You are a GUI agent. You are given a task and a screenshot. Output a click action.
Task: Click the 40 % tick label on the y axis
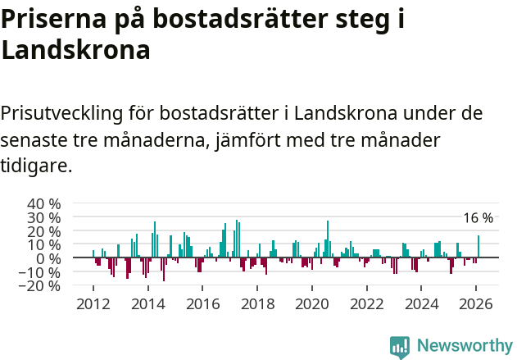click(43, 203)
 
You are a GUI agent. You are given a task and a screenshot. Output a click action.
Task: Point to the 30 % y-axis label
click(43, 217)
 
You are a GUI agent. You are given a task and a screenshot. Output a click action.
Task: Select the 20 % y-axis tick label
click(43, 231)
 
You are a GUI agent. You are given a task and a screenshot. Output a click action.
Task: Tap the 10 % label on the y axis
click(43, 244)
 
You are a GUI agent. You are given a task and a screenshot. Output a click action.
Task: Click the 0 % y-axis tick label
click(48, 258)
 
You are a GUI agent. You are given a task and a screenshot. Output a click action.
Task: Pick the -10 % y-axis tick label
click(41, 272)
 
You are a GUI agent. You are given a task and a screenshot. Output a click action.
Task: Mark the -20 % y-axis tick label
click(41, 286)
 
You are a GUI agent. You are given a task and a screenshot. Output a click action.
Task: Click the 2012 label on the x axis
click(93, 303)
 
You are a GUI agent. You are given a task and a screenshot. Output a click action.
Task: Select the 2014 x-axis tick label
click(148, 303)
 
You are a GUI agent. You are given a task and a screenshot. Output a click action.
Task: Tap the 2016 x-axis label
click(203, 303)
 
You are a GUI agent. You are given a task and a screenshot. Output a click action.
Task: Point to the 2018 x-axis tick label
click(258, 303)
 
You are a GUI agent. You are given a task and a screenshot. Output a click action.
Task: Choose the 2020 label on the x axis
click(312, 303)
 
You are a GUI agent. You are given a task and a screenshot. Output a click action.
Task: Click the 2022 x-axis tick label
click(367, 303)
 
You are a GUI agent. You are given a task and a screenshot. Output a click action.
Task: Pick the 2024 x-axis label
click(422, 303)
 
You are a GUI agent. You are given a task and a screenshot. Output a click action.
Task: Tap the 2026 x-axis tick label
click(477, 303)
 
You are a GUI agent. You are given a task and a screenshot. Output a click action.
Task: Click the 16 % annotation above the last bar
click(478, 218)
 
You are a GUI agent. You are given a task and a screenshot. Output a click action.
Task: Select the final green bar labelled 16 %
click(478, 247)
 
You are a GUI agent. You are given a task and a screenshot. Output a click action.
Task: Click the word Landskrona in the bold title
click(75, 50)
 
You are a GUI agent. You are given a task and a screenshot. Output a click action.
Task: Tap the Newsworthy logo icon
click(400, 346)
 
